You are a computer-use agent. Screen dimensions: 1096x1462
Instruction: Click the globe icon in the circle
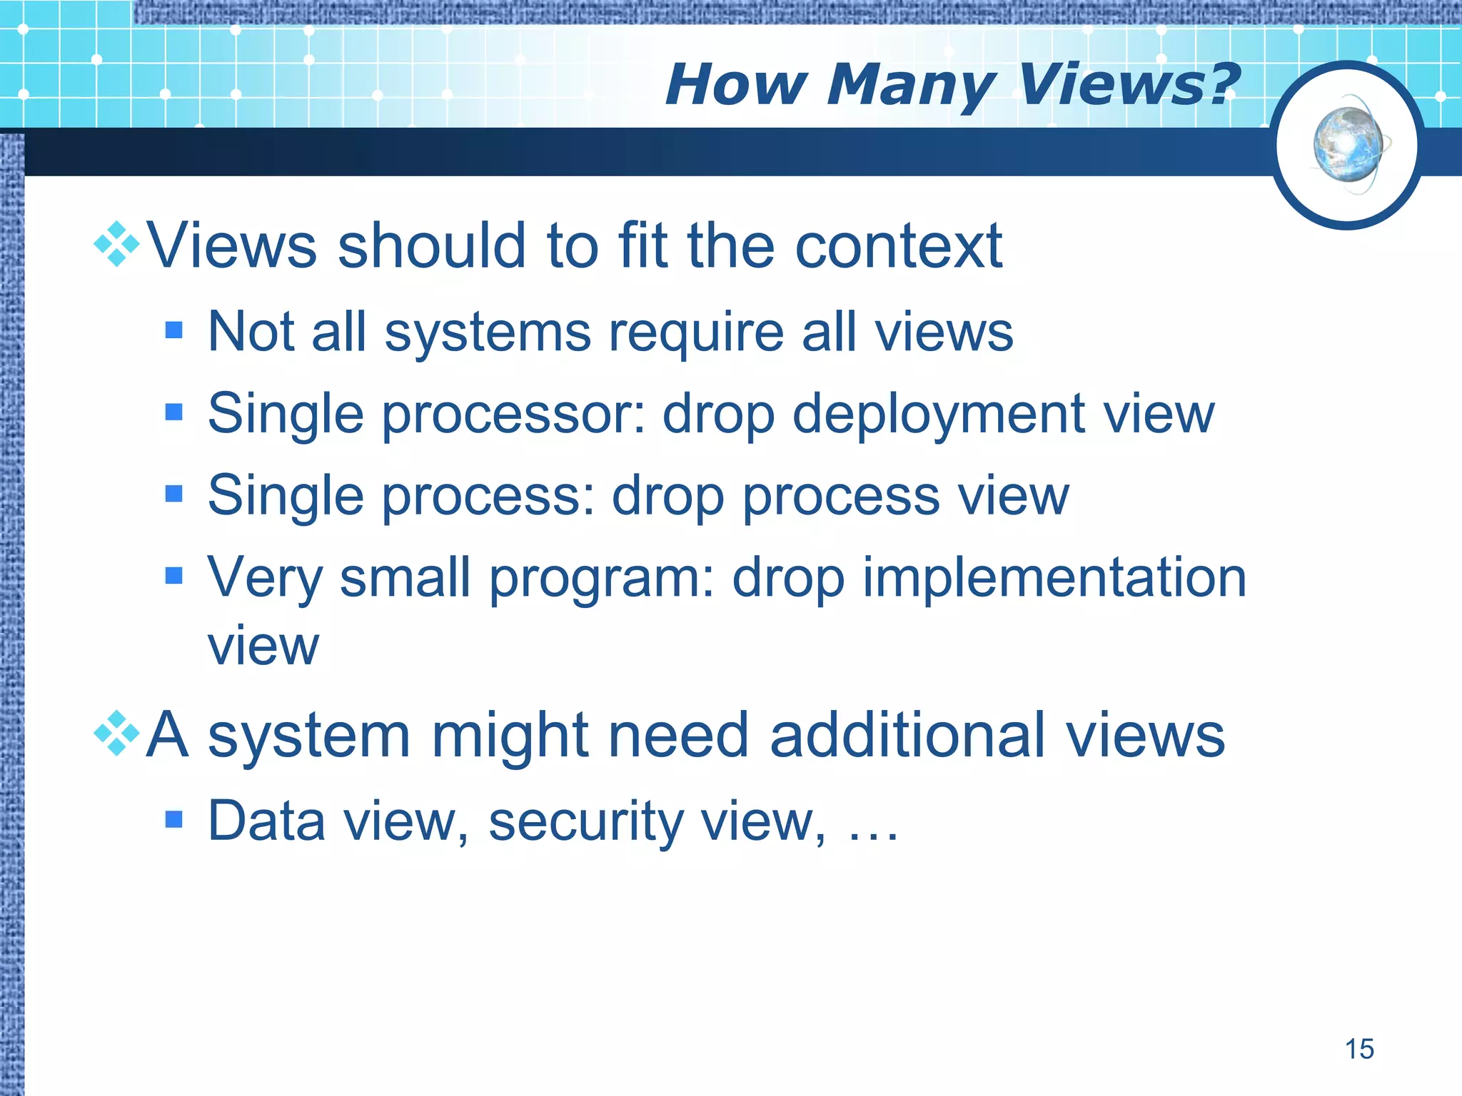(x=1348, y=146)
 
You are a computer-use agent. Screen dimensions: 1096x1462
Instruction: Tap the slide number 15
(x=1359, y=1049)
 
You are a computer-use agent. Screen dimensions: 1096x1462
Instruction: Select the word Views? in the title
(x=1128, y=84)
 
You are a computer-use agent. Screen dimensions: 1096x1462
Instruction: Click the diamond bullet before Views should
(x=116, y=245)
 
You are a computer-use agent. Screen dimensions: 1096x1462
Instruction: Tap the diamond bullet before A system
(x=116, y=734)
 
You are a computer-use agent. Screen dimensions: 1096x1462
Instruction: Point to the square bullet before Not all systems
(x=173, y=330)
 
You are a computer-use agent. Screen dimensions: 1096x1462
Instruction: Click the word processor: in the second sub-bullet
(x=514, y=415)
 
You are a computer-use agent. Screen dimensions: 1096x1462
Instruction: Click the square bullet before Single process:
(x=173, y=494)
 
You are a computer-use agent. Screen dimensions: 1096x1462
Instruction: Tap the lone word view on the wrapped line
(x=263, y=646)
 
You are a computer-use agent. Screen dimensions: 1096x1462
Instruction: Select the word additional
(x=907, y=735)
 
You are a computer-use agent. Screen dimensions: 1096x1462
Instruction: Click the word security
(x=585, y=822)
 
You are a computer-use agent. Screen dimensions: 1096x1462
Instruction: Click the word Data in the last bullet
(x=266, y=821)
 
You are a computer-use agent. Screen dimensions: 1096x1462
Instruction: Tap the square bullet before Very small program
(x=173, y=575)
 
